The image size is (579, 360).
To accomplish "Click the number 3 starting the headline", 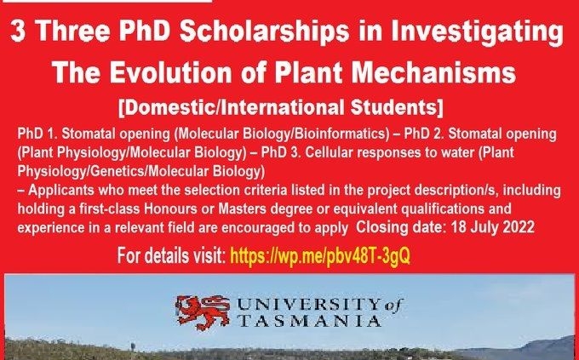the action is [18, 31].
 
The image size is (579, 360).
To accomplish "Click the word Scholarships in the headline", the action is [264, 31].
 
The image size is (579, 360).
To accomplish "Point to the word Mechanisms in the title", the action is [433, 72].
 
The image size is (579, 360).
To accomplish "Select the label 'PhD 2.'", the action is [423, 134].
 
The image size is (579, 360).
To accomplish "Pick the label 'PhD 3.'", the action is [281, 152].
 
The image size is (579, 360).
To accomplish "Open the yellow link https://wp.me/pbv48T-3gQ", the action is [320, 255].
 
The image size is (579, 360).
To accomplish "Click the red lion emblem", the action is [203, 312].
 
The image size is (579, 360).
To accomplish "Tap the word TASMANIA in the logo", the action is [309, 321].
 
